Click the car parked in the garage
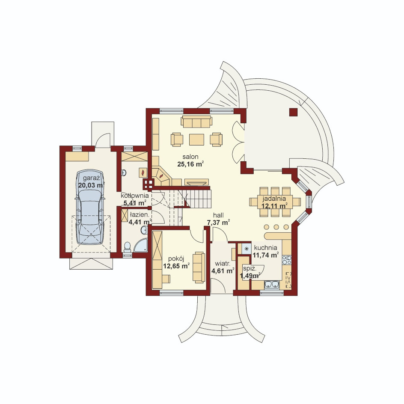pyautogui.click(x=90, y=207)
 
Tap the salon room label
pyautogui.click(x=190, y=157)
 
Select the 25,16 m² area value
pyautogui.click(x=191, y=164)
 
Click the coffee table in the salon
pyautogui.click(x=196, y=140)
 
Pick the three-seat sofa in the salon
pyautogui.click(x=196, y=122)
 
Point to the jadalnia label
pyautogui.click(x=274, y=199)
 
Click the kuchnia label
pyautogui.click(x=266, y=248)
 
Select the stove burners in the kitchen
pyautogui.click(x=286, y=260)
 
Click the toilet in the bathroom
pyautogui.click(x=127, y=247)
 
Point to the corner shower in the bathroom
pyautogui.click(x=141, y=245)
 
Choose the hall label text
pyautogui.click(x=218, y=215)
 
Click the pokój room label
pyautogui.click(x=176, y=258)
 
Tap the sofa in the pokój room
pyautogui.click(x=199, y=267)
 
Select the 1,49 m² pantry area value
pyautogui.click(x=250, y=276)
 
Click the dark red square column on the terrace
pyautogui.click(x=294, y=112)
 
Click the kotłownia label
pyautogui.click(x=135, y=196)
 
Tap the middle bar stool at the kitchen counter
pyautogui.click(x=276, y=227)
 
